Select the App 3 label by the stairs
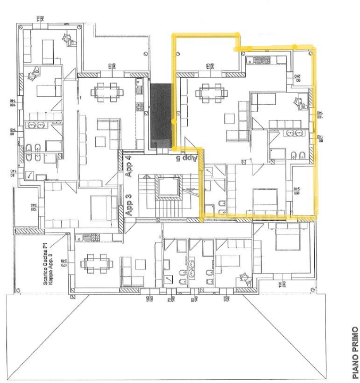tap(128, 203)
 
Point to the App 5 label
tap(187, 158)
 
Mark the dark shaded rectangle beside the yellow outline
tap(161, 115)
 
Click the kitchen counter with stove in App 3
tap(86, 236)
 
